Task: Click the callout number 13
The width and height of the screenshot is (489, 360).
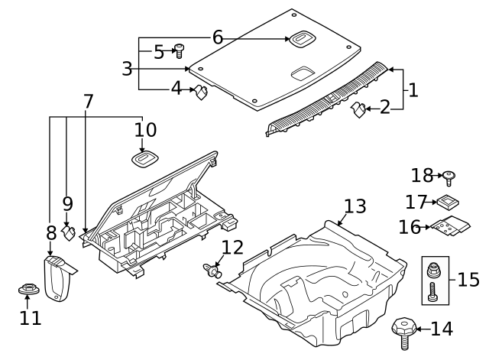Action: (x=355, y=206)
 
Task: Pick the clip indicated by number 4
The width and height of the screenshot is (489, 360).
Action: (x=201, y=93)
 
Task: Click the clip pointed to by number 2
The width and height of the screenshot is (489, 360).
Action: (x=357, y=112)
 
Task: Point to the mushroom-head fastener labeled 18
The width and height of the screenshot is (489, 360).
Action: (x=449, y=177)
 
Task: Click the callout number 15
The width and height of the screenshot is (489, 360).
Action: (x=468, y=278)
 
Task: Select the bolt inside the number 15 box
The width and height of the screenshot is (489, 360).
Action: (x=433, y=291)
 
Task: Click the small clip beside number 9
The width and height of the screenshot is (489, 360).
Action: (x=69, y=232)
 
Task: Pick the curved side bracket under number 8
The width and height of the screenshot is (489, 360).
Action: (x=58, y=279)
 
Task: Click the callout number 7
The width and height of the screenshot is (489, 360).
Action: (x=88, y=102)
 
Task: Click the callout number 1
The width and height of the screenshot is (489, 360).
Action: (x=413, y=90)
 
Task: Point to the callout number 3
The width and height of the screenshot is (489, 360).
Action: (x=127, y=69)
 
